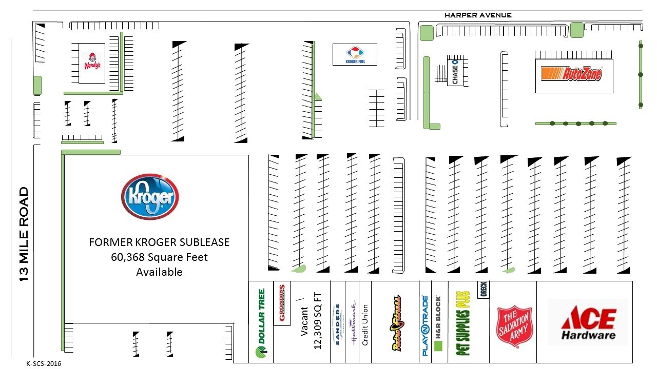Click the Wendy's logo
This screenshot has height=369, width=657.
[92, 61]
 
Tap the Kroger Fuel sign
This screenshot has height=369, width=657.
[355, 54]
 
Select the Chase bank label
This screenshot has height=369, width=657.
[455, 72]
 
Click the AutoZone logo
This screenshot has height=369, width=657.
[571, 74]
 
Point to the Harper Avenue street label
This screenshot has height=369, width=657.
[477, 15]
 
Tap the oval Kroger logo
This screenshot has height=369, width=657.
[150, 197]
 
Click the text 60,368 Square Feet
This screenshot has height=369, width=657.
[159, 257]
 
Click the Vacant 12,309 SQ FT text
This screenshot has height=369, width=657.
[311, 321]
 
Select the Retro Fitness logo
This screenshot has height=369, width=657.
[396, 323]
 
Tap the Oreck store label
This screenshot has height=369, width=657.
[482, 290]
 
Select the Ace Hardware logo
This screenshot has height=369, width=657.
[588, 323]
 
